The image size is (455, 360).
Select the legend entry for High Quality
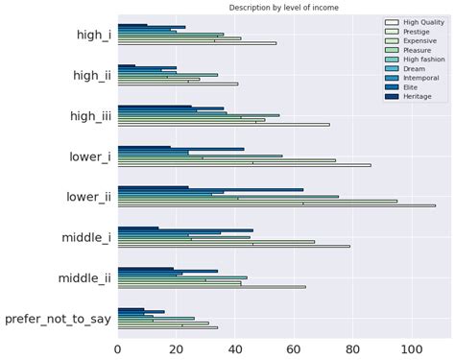click(x=408, y=22)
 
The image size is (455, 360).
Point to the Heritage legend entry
click(x=403, y=96)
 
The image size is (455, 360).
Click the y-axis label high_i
click(x=93, y=35)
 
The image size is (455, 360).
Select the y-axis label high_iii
click(x=87, y=115)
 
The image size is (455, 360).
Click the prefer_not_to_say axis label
click(x=58, y=318)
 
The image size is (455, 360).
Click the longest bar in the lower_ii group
click(x=275, y=205)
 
